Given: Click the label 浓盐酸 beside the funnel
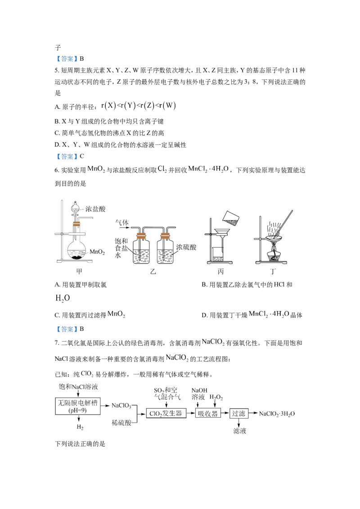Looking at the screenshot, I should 95,209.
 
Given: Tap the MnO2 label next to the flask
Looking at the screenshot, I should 97,252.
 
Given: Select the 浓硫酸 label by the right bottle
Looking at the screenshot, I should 185,247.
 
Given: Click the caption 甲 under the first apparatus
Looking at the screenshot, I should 80,271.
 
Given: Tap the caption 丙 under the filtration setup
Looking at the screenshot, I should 220,271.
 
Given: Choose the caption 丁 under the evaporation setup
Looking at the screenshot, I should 274,271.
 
